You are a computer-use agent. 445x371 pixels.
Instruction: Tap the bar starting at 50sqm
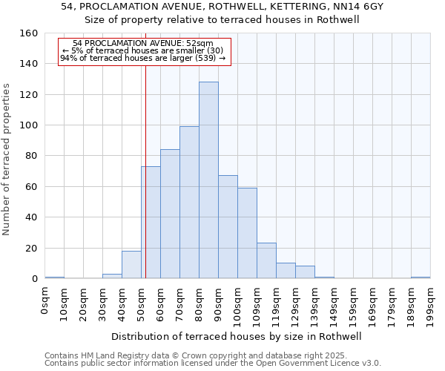coord(151,223)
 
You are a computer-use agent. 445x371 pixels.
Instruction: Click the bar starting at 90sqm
coord(228,227)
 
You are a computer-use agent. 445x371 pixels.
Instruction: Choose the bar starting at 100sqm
coord(247,233)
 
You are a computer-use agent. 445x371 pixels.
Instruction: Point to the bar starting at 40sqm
coord(131,265)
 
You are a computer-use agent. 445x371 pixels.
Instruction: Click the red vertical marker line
coord(145,185)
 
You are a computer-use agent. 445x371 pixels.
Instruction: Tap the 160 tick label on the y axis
coord(29,33)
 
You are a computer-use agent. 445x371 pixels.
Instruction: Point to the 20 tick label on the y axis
coord(32,248)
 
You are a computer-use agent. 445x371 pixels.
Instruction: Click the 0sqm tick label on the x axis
coord(45,300)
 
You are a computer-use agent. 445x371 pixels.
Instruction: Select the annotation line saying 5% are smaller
coord(143,50)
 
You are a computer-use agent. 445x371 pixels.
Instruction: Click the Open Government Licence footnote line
coord(212,363)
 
